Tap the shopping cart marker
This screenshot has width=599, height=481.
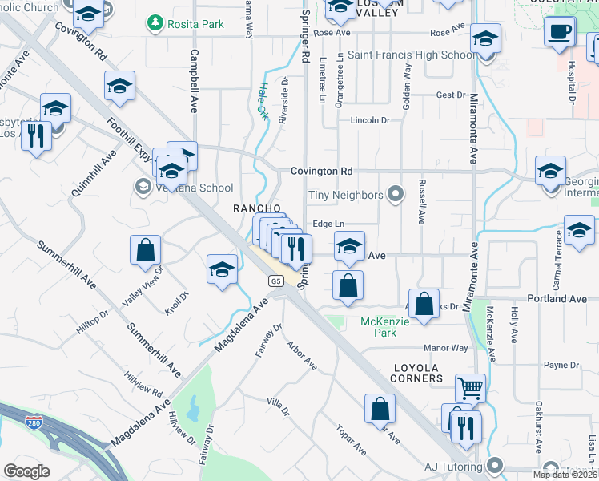point(470,389)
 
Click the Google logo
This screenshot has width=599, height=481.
point(26,471)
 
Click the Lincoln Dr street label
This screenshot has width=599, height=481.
point(369,121)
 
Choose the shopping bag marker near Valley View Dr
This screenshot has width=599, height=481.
point(144,250)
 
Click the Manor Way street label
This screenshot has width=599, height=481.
point(445,348)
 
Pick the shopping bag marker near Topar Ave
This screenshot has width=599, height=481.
point(380,409)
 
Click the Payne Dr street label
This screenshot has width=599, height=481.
point(561,365)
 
